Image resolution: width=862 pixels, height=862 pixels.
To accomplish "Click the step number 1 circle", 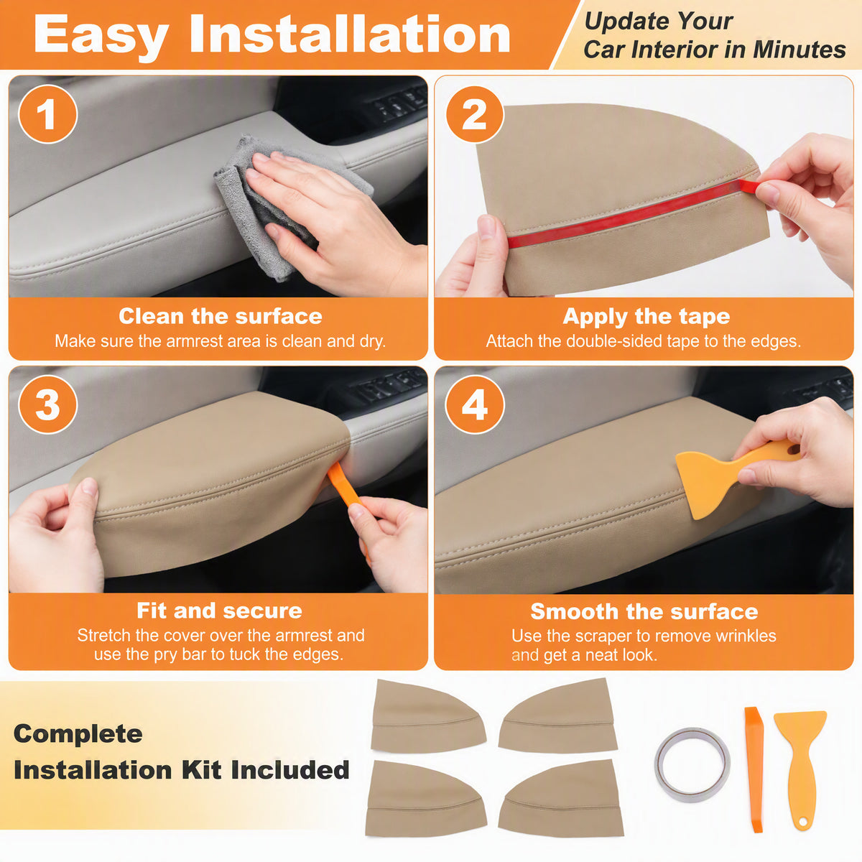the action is click(x=47, y=114).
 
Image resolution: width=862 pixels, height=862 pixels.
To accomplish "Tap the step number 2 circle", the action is click(x=475, y=114).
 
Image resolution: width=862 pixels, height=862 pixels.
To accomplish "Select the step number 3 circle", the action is click(x=47, y=404).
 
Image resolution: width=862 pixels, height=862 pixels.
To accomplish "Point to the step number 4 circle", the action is click(x=475, y=404).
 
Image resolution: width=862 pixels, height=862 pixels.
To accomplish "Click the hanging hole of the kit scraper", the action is click(x=802, y=822).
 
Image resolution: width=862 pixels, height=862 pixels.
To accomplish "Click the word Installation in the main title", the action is click(x=350, y=34).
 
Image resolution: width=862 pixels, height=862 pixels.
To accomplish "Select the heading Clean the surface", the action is click(x=220, y=316).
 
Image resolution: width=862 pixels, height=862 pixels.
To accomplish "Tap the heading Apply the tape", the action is click(x=646, y=317).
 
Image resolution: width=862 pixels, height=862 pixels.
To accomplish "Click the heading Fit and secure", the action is click(x=219, y=610).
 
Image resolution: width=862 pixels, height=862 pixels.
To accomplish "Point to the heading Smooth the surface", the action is click(x=644, y=611).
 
